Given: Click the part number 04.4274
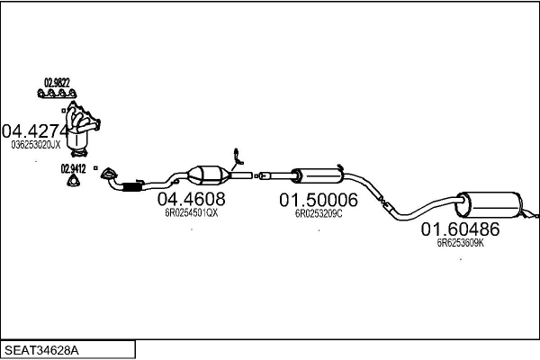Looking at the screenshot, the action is (35, 130).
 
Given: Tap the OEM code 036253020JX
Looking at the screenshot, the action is (36, 145).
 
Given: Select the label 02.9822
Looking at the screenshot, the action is (57, 83).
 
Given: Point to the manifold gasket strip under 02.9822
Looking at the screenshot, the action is (57, 93).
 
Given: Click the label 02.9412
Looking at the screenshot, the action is (74, 169).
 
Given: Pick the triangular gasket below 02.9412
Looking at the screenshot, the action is (74, 181).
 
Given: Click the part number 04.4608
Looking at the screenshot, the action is (191, 199).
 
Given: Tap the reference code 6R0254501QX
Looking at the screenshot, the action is (191, 213).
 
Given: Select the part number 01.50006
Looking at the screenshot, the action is (319, 200).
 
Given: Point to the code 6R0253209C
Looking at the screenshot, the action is (319, 214).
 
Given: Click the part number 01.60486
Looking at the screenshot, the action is (460, 229).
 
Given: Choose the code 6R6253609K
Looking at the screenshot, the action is (461, 243).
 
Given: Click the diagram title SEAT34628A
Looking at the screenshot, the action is (41, 350).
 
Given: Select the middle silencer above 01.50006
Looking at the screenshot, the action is (318, 175).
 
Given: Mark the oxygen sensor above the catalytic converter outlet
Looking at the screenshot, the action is (238, 158).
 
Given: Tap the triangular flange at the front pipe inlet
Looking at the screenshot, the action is (109, 174).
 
